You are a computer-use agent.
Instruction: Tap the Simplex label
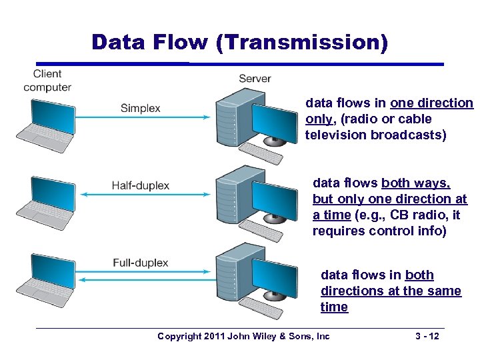(140, 108)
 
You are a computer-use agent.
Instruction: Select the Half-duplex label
(140, 185)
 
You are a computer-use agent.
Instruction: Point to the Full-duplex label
(140, 263)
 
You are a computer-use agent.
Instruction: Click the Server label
(255, 79)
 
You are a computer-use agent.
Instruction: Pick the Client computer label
(47, 80)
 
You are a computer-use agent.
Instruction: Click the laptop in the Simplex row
(45, 123)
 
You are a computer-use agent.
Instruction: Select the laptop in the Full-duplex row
(45, 278)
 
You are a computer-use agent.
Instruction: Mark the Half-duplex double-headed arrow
(147, 195)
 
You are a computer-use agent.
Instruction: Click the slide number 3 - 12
(426, 336)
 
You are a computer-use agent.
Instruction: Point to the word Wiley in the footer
(263, 336)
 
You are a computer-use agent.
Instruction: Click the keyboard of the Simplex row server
(260, 155)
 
